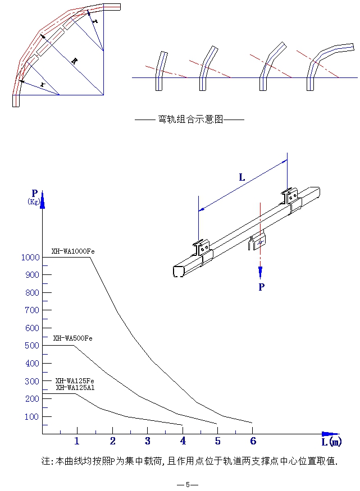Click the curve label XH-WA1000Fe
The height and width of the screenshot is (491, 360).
pos(73,251)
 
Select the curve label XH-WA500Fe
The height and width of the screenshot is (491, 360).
pos(73,338)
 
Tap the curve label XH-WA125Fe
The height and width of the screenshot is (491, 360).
pos(75,381)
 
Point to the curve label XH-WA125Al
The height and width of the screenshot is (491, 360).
pos(75,388)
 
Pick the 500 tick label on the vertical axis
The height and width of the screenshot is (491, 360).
pos(31,346)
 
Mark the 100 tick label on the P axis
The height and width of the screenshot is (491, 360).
pos(31,417)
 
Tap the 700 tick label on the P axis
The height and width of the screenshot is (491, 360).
pos(31,310)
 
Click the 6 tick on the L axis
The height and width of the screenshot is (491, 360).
pos(253,440)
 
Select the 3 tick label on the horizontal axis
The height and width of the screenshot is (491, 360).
pos(148,440)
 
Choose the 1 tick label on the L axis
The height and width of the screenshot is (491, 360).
pos(77,440)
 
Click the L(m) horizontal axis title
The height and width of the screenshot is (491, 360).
pos(331,442)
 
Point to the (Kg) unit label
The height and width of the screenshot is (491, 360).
pos(34,202)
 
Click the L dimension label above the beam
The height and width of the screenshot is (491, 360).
pos(242,178)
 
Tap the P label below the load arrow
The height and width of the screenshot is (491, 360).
pos(261,287)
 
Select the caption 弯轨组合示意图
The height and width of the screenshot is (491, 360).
pos(190,120)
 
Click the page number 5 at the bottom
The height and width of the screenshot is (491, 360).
pos(188,484)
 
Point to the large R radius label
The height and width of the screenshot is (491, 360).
pos(74,62)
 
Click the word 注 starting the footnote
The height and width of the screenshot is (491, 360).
pos(46,461)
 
